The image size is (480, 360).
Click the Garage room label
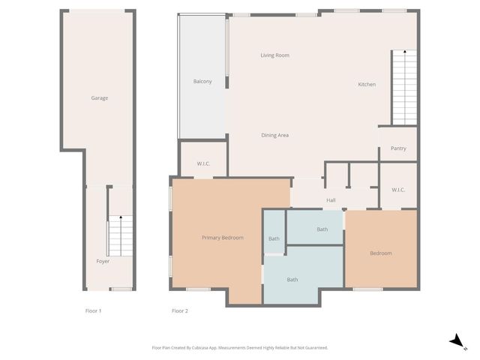(x=100, y=98)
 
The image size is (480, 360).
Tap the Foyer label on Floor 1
(x=103, y=262)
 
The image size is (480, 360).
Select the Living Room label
(x=274, y=55)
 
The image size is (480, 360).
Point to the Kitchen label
(x=366, y=84)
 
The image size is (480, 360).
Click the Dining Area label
(x=274, y=135)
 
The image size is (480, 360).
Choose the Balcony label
(x=202, y=81)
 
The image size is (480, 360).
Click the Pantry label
(x=398, y=148)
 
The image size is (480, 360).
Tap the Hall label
(x=331, y=200)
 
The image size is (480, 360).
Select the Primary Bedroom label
(x=222, y=238)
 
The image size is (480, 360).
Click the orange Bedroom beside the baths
(x=380, y=253)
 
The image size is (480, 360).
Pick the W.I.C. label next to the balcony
(x=202, y=163)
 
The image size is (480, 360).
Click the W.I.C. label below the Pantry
(x=398, y=190)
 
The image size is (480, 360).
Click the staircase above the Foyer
(x=120, y=235)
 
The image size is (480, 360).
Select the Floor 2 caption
(x=179, y=310)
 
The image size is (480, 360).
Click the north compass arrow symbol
(x=455, y=341)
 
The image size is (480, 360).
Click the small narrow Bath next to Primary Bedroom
(x=274, y=238)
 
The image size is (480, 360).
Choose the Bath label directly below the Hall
(x=322, y=229)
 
